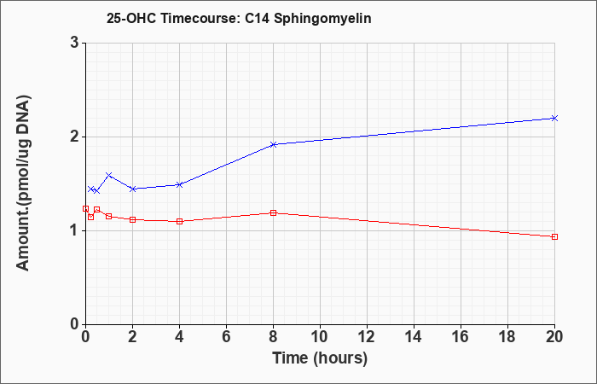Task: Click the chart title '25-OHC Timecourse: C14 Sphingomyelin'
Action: [x=239, y=19]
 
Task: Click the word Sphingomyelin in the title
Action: [x=322, y=19]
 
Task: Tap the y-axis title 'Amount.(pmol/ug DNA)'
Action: [x=24, y=183]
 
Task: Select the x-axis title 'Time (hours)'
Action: [x=320, y=358]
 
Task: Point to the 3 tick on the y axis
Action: [x=75, y=43]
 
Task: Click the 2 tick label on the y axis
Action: [x=75, y=137]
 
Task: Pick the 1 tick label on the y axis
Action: [x=75, y=230]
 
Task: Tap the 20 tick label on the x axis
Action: [x=554, y=337]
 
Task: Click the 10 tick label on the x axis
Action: [x=320, y=337]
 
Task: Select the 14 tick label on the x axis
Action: [x=414, y=337]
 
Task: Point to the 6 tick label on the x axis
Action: [x=226, y=337]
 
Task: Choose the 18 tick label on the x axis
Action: [x=507, y=337]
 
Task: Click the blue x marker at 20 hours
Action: [x=554, y=118]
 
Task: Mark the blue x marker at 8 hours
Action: [x=274, y=144]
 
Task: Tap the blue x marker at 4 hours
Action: [x=180, y=185]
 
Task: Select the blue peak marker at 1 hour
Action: [x=109, y=175]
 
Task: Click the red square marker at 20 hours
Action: [x=554, y=236]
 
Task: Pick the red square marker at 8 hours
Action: [x=274, y=212]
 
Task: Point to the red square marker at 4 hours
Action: [x=180, y=221]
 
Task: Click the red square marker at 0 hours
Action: [x=85, y=208]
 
